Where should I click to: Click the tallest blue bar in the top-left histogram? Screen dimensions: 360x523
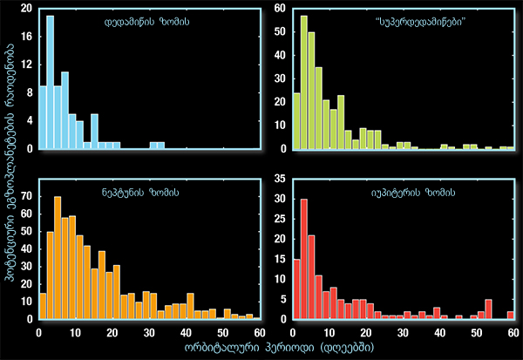[x=50, y=83]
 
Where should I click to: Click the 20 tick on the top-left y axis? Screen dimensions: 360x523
[x=28, y=9]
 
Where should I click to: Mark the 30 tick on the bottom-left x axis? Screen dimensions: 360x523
[x=149, y=332]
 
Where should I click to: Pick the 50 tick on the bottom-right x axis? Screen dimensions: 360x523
[x=475, y=332]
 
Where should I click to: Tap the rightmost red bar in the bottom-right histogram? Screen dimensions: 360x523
[x=512, y=315]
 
